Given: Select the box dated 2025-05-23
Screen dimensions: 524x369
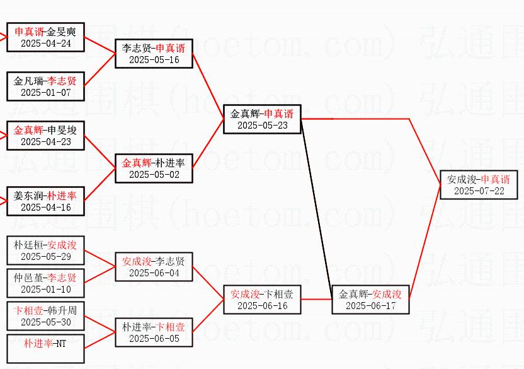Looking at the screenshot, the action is coord(262,119).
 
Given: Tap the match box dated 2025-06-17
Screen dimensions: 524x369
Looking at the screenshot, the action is coord(370,299).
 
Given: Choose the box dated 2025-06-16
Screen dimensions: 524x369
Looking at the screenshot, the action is coord(262,299).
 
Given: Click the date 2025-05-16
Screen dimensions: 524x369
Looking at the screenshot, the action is coord(154,60).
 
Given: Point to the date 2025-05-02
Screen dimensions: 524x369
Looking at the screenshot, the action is coord(154,175).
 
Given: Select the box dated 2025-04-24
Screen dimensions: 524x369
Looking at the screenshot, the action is coord(45,37).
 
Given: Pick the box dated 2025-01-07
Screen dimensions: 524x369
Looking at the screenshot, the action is coord(45,86).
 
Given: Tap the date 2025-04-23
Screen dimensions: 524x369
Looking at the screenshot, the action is coord(45,142).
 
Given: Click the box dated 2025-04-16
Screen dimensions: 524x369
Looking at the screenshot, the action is coord(45,201).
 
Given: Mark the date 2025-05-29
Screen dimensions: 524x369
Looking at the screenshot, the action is coord(45,257).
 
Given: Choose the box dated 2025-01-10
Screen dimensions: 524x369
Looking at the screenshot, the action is coord(45,283).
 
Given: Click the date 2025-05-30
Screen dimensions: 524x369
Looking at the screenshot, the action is coord(45,322).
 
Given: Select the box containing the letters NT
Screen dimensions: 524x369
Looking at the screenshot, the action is coord(45,349).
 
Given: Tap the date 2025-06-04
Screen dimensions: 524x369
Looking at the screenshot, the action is coord(154,273).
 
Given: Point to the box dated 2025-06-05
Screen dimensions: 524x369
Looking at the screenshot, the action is coord(154,332).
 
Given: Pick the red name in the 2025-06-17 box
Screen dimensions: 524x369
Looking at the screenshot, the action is coord(387,294).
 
